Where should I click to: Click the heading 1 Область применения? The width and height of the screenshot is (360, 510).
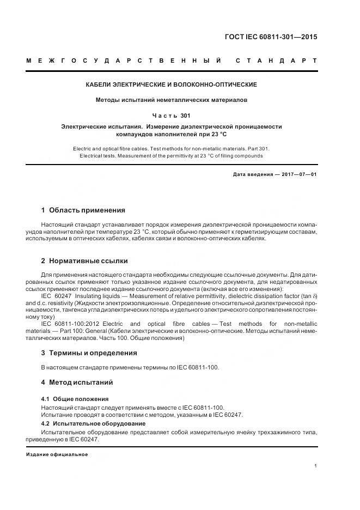(83, 210)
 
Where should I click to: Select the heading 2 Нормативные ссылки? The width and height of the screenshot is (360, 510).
(84, 261)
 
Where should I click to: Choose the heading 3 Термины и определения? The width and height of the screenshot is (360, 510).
(89, 353)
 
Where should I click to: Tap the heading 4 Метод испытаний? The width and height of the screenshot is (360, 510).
(77, 383)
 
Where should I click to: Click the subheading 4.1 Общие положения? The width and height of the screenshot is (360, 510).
(75, 399)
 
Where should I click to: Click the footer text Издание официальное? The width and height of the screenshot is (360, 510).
(57, 454)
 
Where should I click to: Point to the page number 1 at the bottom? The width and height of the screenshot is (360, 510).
(316, 466)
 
